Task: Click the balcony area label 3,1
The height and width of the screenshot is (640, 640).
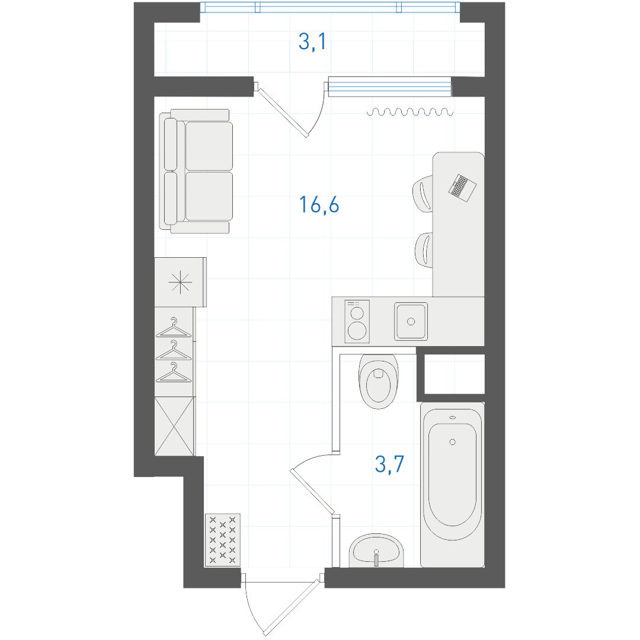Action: pyautogui.click(x=312, y=41)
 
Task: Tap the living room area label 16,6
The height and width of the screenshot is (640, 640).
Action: pyautogui.click(x=319, y=204)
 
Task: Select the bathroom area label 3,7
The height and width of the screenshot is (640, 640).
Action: pyautogui.click(x=389, y=464)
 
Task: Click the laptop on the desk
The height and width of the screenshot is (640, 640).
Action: pyautogui.click(x=462, y=188)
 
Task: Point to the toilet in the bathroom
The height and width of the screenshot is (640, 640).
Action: pyautogui.click(x=378, y=381)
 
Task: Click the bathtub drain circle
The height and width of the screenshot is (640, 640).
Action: pyautogui.click(x=452, y=442)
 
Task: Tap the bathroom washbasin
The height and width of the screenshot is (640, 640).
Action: pyautogui.click(x=376, y=551)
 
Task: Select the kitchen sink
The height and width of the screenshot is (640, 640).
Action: pyautogui.click(x=411, y=322)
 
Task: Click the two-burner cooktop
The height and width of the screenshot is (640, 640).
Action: pyautogui.click(x=357, y=322)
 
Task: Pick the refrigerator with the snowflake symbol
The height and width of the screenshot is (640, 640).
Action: pyautogui.click(x=180, y=282)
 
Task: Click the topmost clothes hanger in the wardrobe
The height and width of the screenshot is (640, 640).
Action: pyautogui.click(x=174, y=328)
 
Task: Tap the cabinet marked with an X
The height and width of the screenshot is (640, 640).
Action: pyautogui.click(x=175, y=426)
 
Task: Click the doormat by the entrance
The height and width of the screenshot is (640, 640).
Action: pyautogui.click(x=222, y=540)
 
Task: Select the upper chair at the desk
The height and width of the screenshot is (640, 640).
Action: pyautogui.click(x=423, y=194)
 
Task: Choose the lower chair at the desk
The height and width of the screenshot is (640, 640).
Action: pyautogui.click(x=424, y=250)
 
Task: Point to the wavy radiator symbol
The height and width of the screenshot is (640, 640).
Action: pyautogui.click(x=410, y=112)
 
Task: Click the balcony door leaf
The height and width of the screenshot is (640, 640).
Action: pyautogui.click(x=281, y=110)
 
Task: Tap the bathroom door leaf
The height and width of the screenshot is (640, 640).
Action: pyautogui.click(x=312, y=491)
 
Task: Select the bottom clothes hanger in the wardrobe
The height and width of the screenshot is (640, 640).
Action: pyautogui.click(x=174, y=372)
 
